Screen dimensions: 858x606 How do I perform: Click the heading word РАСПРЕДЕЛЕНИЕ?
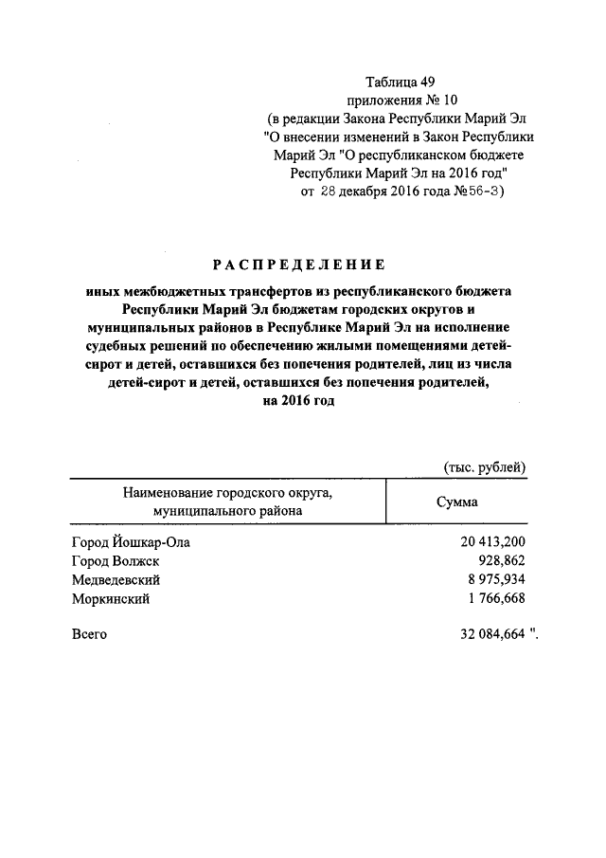(297, 264)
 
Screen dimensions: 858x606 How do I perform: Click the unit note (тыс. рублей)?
(485, 466)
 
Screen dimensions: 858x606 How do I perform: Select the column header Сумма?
(456, 502)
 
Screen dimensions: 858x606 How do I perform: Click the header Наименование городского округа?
(228, 493)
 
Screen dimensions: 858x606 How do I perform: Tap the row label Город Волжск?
(117, 561)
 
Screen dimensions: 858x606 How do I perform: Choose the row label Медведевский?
(116, 579)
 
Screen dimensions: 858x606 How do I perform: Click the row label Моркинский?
(110, 598)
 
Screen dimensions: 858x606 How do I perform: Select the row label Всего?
(89, 634)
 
